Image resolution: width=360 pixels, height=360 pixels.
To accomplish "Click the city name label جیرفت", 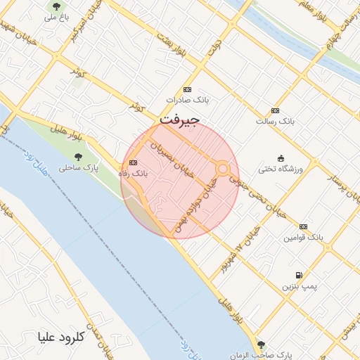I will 180,120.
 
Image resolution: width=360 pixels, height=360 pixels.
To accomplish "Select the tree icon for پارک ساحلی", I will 78,157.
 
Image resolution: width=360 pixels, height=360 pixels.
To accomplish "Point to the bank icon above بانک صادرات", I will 187,90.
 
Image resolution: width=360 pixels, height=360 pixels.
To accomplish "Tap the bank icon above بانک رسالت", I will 275,111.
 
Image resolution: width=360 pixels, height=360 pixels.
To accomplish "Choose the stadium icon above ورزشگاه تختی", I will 281,158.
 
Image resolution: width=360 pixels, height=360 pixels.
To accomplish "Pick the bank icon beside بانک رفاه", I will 134,163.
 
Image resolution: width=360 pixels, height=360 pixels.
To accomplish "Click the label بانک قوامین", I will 303,238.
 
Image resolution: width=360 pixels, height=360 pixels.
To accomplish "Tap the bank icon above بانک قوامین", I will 303,226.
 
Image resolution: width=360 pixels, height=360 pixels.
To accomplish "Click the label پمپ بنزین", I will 296,287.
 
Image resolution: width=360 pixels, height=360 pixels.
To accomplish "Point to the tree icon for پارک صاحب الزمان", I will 262,345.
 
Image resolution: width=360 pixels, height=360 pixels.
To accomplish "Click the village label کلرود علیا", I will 61,337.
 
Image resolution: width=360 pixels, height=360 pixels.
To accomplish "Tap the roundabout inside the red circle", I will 223,169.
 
